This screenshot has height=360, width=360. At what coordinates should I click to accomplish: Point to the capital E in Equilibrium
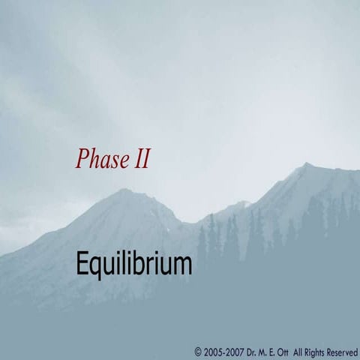tap(82, 264)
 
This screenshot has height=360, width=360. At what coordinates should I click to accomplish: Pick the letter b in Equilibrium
tap(139, 263)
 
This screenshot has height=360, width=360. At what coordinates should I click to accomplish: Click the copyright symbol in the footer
tap(198, 351)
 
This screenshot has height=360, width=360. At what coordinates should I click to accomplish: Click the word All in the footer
tap(300, 351)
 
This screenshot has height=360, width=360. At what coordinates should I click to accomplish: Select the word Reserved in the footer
tap(343, 351)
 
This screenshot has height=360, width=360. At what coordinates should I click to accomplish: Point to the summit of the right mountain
tap(305, 164)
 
